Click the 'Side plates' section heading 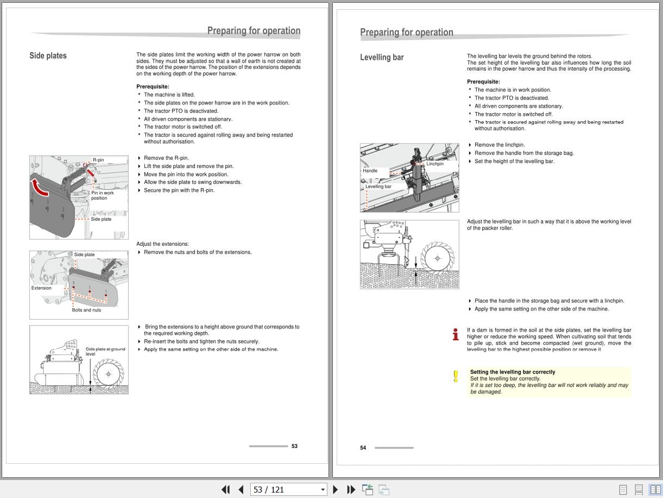point(48,55)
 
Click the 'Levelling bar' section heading point(382,57)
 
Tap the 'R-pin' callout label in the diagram point(98,160)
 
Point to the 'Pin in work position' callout point(102,195)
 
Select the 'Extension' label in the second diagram point(41,288)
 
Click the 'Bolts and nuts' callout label point(86,310)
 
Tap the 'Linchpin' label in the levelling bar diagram point(434,164)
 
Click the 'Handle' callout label point(370,171)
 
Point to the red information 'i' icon point(456,334)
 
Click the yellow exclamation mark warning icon point(456,376)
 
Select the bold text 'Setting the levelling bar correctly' point(512,372)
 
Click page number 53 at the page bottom point(294,446)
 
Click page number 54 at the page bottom point(363,448)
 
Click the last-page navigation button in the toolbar point(351,489)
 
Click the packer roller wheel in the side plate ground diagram point(109,374)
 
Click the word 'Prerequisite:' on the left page point(153,86)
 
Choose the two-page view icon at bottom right point(655,489)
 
